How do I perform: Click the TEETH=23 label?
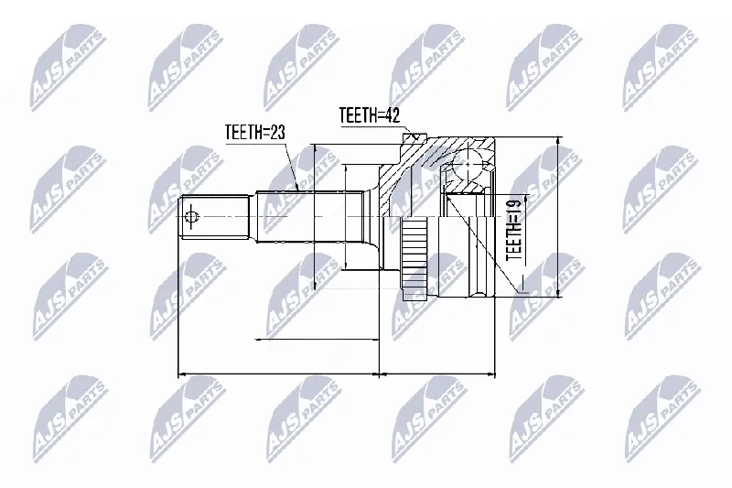pyautogui.click(x=254, y=132)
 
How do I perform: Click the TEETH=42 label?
pyautogui.click(x=370, y=115)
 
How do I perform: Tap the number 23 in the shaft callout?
pyautogui.click(x=277, y=132)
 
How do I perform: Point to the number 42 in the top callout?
pyautogui.click(x=393, y=115)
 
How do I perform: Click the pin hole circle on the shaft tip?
pyautogui.click(x=191, y=217)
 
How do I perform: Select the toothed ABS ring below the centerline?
pyautogui.click(x=414, y=259)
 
